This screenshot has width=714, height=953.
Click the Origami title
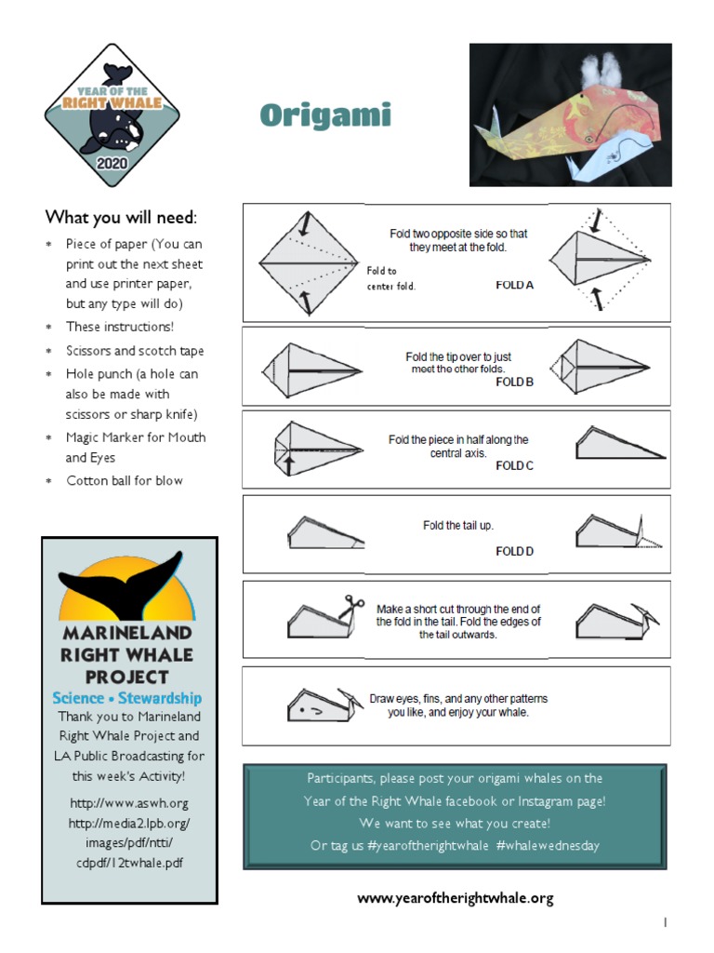pyautogui.click(x=325, y=115)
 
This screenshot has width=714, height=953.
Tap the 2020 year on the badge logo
pyautogui.click(x=112, y=164)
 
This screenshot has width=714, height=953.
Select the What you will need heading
pyautogui.click(x=121, y=217)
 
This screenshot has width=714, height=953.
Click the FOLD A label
pyautogui.click(x=514, y=286)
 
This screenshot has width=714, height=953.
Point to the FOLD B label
pyautogui.click(x=514, y=382)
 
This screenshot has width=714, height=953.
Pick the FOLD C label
pyautogui.click(x=514, y=465)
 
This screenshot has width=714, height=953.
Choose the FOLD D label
pyautogui.click(x=514, y=551)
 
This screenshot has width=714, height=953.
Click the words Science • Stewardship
pyautogui.click(x=127, y=698)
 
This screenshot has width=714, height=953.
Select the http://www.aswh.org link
pyautogui.click(x=128, y=803)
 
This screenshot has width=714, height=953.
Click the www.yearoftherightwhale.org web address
pyautogui.click(x=456, y=898)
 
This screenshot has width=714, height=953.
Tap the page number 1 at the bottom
pyautogui.click(x=666, y=922)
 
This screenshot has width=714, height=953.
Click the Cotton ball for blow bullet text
pyautogui.click(x=125, y=480)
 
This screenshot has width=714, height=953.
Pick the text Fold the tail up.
pyautogui.click(x=458, y=526)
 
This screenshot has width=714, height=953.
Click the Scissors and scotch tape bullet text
pyautogui.click(x=135, y=351)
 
